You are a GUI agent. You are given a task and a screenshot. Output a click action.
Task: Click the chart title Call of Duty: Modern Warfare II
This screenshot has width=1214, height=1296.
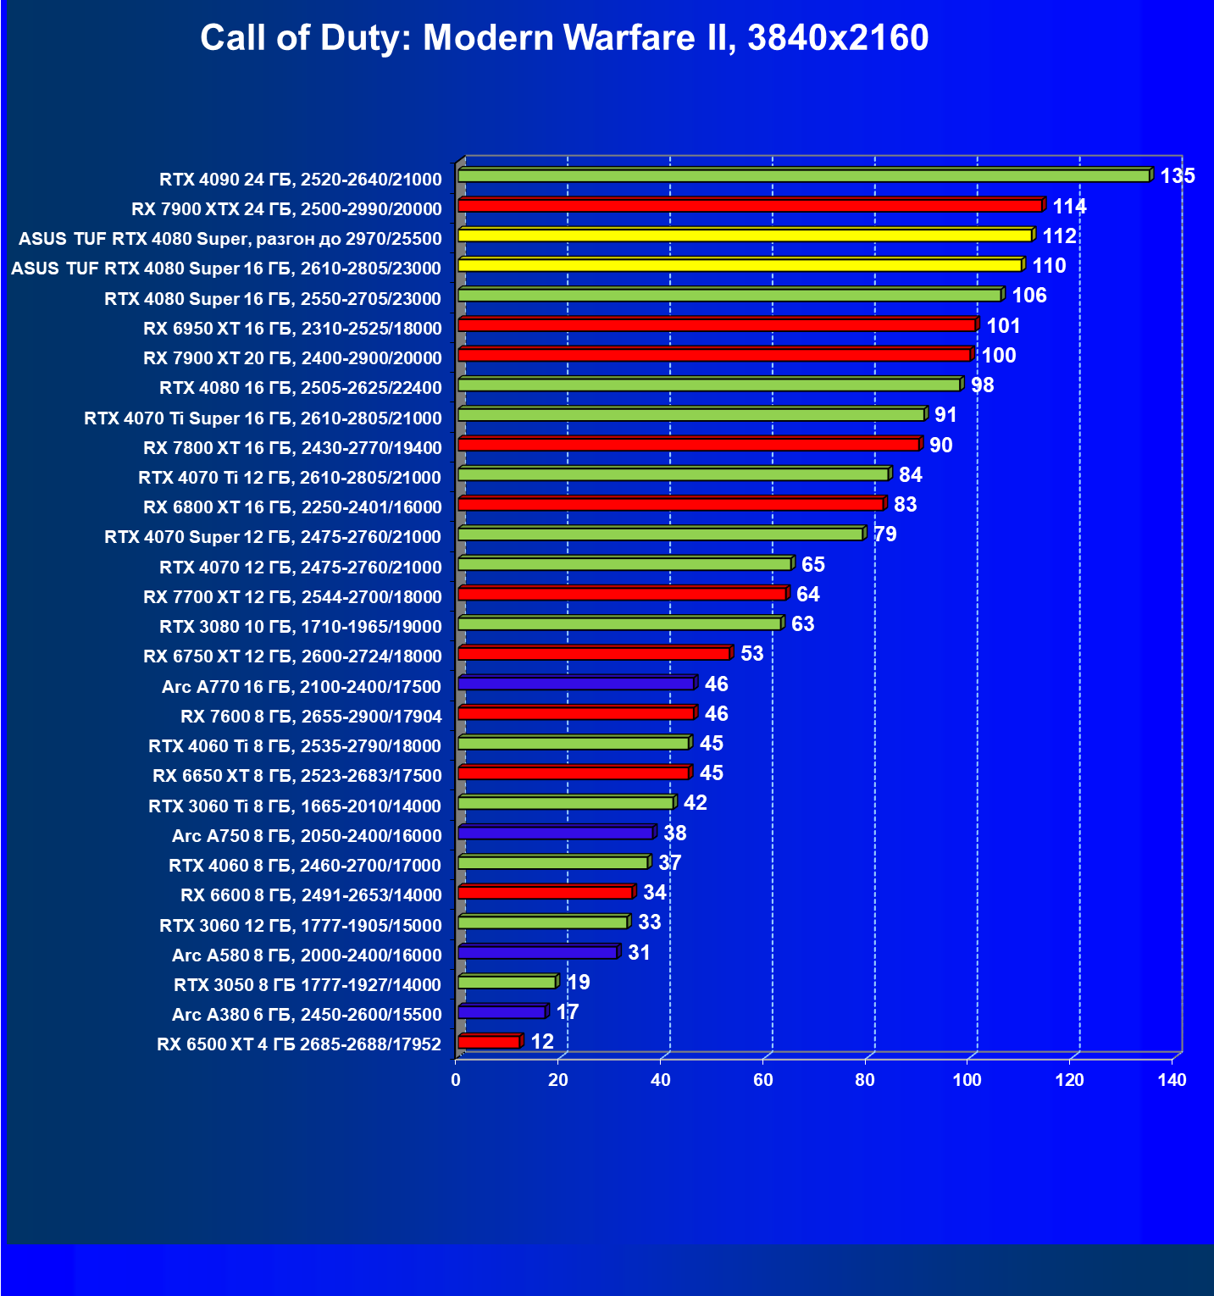[x=564, y=38]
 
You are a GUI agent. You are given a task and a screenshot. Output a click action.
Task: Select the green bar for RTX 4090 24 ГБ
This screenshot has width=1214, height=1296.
[x=803, y=175]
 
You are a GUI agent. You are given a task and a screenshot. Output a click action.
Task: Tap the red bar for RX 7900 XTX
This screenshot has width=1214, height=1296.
[x=750, y=206]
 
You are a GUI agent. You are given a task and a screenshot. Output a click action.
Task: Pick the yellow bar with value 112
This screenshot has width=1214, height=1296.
[x=746, y=235]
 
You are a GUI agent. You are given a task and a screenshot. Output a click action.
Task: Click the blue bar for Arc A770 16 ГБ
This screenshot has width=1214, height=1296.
[x=576, y=684]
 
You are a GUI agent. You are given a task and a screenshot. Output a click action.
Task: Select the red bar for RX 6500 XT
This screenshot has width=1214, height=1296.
[x=489, y=1042]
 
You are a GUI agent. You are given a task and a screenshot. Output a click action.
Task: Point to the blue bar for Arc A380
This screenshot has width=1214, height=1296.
[x=502, y=1012]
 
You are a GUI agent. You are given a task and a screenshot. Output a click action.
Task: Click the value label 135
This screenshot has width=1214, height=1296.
[x=1178, y=176]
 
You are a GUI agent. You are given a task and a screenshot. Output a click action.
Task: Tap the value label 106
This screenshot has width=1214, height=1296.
[x=1029, y=296]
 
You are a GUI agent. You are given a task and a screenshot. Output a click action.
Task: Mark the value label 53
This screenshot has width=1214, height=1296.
[x=751, y=654]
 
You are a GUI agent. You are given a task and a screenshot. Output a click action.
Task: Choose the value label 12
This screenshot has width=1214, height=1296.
[x=542, y=1042]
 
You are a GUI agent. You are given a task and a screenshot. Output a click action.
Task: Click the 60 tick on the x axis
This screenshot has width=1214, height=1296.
[x=763, y=1080]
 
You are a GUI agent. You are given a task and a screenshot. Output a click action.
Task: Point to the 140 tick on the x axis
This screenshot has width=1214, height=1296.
[x=1172, y=1080]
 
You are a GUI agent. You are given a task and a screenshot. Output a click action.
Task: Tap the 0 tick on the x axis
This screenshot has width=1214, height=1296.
[x=457, y=1080]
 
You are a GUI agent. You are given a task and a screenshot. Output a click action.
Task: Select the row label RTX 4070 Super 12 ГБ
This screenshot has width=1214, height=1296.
[x=273, y=537]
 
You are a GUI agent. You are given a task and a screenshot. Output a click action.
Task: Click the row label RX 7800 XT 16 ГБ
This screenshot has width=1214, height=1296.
[x=292, y=447]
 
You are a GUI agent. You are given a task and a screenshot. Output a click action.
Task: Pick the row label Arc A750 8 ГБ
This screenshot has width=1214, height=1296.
[x=307, y=836]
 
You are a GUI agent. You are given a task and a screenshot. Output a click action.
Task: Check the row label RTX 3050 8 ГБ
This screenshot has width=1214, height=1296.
[x=308, y=985]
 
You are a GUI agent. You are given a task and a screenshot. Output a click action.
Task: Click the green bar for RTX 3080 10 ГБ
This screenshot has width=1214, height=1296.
[x=619, y=624]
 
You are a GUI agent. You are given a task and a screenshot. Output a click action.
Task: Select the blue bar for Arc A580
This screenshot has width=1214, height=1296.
[x=538, y=953]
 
